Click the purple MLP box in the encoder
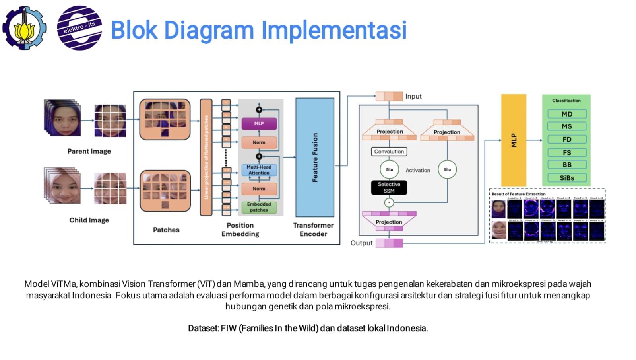259,124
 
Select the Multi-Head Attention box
259,170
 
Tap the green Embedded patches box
259,207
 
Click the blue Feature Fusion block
315,158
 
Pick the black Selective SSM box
389,188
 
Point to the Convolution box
389,152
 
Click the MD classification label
567,114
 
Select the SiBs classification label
567,178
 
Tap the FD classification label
567,140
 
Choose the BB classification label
567,165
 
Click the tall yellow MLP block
514,140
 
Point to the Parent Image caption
89,151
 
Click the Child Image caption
89,220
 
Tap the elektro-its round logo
79,28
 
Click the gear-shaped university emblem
24,28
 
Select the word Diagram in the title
209,30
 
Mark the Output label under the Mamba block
361,243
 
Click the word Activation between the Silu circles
418,170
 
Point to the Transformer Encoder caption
313,230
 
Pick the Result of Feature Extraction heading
518,194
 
